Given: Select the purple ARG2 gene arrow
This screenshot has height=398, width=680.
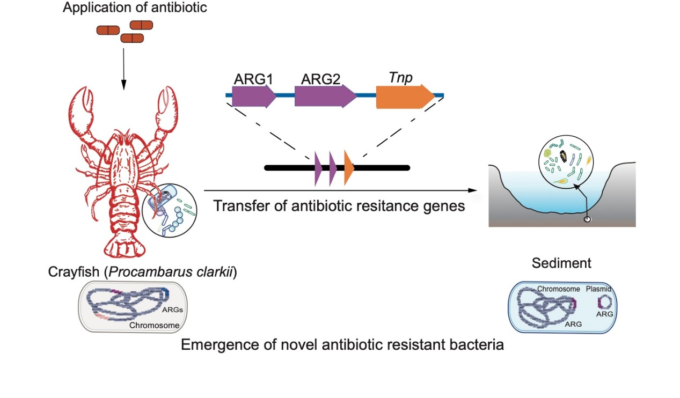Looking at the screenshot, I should point(324,97).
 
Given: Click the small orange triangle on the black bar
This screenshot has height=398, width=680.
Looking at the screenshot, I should point(349,168).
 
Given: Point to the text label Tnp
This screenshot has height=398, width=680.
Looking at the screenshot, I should point(401,78).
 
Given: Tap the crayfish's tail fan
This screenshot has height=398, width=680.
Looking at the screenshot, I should point(125,247).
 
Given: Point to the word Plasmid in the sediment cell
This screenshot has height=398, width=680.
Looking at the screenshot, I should point(598,289).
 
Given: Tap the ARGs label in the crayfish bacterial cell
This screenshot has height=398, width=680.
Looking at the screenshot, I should point(172,310).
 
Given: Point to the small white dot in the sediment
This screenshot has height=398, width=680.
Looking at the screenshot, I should point(587,219).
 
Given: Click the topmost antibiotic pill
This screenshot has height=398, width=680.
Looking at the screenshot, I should point(142,25).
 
